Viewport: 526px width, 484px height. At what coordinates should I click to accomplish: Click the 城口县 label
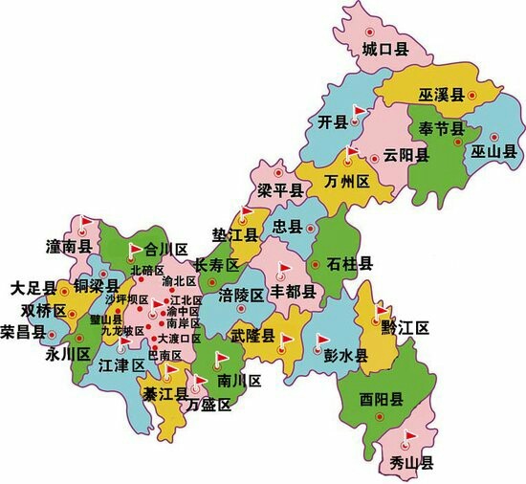(x=386, y=50)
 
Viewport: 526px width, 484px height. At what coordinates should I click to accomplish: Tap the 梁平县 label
(x=279, y=190)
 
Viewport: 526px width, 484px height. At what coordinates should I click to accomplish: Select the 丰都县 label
(x=294, y=290)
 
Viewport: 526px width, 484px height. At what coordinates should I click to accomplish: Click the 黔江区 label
(x=405, y=329)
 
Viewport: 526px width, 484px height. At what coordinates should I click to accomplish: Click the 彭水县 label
(x=345, y=355)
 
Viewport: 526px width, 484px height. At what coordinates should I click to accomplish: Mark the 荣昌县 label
(x=23, y=332)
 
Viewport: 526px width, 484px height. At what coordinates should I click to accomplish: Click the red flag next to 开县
(x=358, y=112)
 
